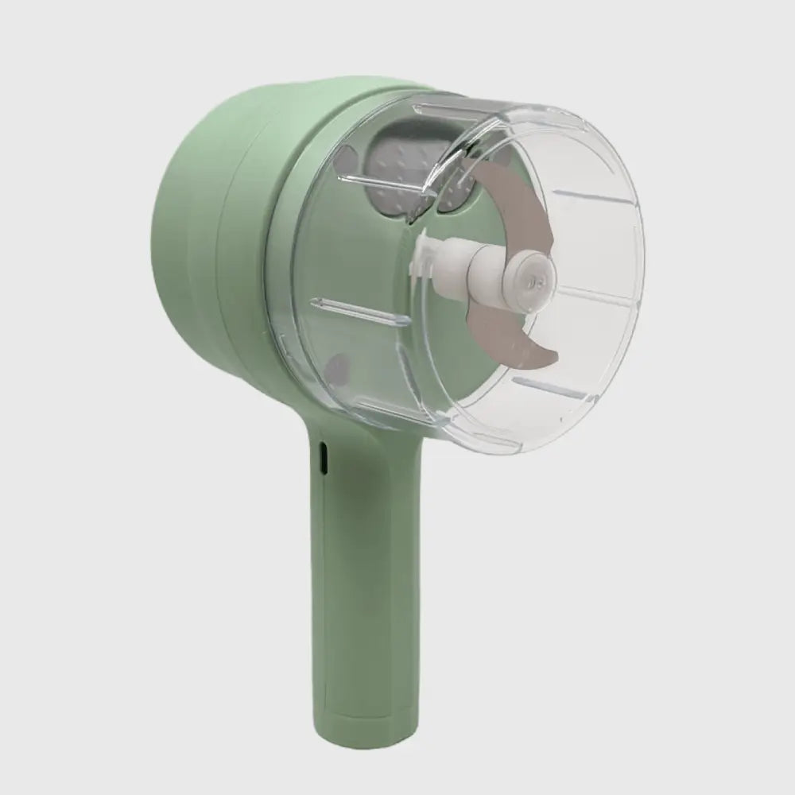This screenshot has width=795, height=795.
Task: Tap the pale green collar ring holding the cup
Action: (278, 262)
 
